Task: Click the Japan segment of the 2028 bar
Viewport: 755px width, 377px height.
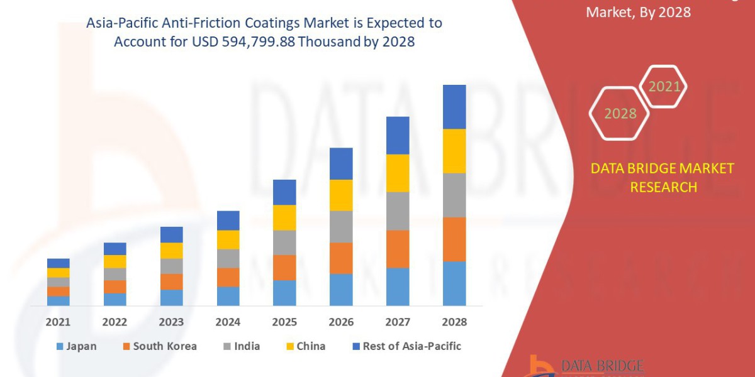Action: click(x=454, y=283)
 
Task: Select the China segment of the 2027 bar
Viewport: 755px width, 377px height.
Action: click(x=398, y=173)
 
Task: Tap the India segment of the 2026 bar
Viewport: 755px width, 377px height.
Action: click(x=341, y=226)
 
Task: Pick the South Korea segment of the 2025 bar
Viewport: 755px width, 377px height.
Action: click(x=284, y=267)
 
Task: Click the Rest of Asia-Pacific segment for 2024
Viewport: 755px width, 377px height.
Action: click(x=228, y=220)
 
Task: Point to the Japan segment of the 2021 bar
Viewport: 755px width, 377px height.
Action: click(x=59, y=300)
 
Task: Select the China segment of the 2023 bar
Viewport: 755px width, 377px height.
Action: click(x=171, y=250)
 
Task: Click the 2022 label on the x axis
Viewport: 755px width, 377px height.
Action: click(x=115, y=322)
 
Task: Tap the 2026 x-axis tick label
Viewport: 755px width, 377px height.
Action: click(x=341, y=322)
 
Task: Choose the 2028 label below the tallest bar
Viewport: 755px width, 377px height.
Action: click(x=454, y=322)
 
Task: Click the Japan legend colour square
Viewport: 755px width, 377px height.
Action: click(x=60, y=346)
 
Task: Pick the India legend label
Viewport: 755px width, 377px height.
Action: click(x=247, y=346)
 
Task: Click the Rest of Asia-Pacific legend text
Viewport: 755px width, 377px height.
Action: click(x=411, y=346)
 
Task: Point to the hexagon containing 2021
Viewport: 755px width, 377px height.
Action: click(x=664, y=87)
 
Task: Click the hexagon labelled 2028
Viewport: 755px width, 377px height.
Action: click(x=620, y=114)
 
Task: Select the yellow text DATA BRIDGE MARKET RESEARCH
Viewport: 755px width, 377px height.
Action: click(x=663, y=177)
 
